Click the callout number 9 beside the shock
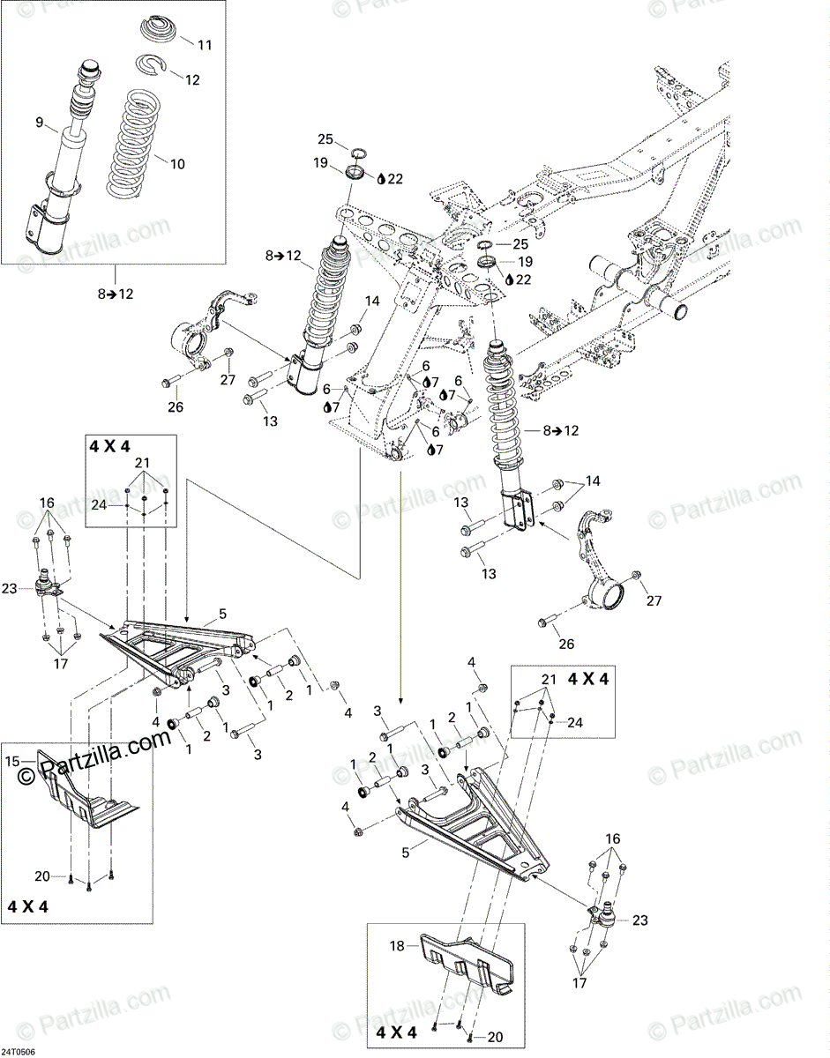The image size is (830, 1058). point(39,123)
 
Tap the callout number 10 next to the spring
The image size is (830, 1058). point(178,163)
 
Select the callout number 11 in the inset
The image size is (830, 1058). point(205,44)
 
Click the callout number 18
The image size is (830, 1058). point(396,946)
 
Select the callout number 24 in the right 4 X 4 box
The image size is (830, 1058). point(575,721)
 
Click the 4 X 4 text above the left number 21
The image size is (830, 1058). point(108,445)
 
